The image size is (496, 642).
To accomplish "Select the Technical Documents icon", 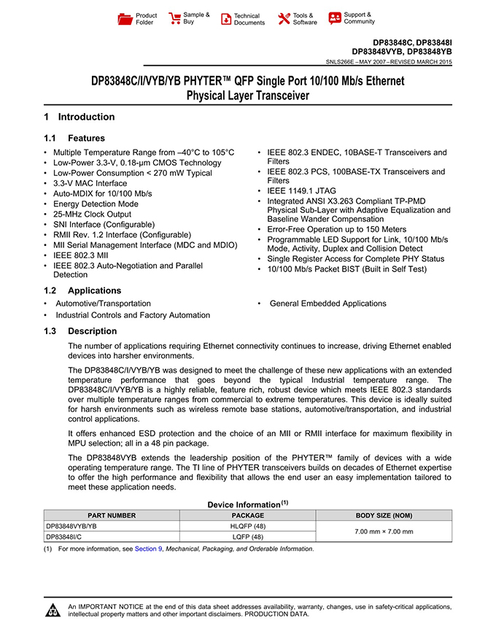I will pyautogui.click(x=227, y=19).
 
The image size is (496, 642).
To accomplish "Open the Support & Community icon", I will pyautogui.click(x=335, y=18).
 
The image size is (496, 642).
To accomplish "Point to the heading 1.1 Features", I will pyautogui.click(x=74, y=138).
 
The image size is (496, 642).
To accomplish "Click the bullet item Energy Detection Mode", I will pyautogui.click(x=96, y=204).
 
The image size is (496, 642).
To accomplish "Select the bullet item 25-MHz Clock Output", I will pyautogui.click(x=93, y=214).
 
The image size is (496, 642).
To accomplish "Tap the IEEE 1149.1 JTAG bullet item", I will pyautogui.click(x=298, y=191).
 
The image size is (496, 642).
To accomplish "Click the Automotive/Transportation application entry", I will pyautogui.click(x=104, y=303).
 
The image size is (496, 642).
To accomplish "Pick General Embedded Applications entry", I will pyautogui.click(x=328, y=303).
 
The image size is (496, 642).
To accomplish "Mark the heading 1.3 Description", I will pyautogui.click(x=80, y=331).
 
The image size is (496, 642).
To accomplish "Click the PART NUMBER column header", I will pyautogui.click(x=112, y=516).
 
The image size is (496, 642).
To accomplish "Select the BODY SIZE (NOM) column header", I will pyautogui.click(x=384, y=516).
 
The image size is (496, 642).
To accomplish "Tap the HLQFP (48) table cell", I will pyautogui.click(x=247, y=526).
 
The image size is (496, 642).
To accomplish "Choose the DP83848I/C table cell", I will pyautogui.click(x=66, y=536).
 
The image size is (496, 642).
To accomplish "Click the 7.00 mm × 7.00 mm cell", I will pyautogui.click(x=384, y=531).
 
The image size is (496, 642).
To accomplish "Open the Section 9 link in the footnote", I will pyautogui.click(x=149, y=549).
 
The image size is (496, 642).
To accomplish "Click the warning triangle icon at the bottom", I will pyautogui.click(x=54, y=610).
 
